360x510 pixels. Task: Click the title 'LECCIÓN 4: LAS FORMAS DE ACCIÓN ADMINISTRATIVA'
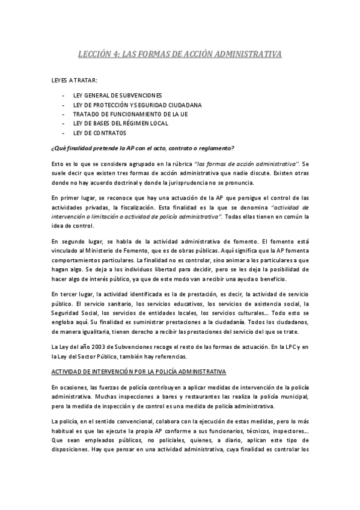[x=180, y=54]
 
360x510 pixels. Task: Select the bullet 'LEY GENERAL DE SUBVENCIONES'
[x=117, y=96]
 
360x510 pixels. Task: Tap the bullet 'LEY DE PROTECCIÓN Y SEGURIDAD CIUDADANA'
[x=137, y=105]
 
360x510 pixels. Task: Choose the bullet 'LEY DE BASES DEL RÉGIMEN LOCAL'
[x=121, y=123]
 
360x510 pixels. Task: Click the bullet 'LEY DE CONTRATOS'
[x=100, y=132]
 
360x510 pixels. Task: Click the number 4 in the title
[x=114, y=54]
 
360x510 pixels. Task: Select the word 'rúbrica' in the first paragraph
[x=180, y=164]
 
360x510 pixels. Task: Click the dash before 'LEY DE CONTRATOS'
[x=64, y=132]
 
